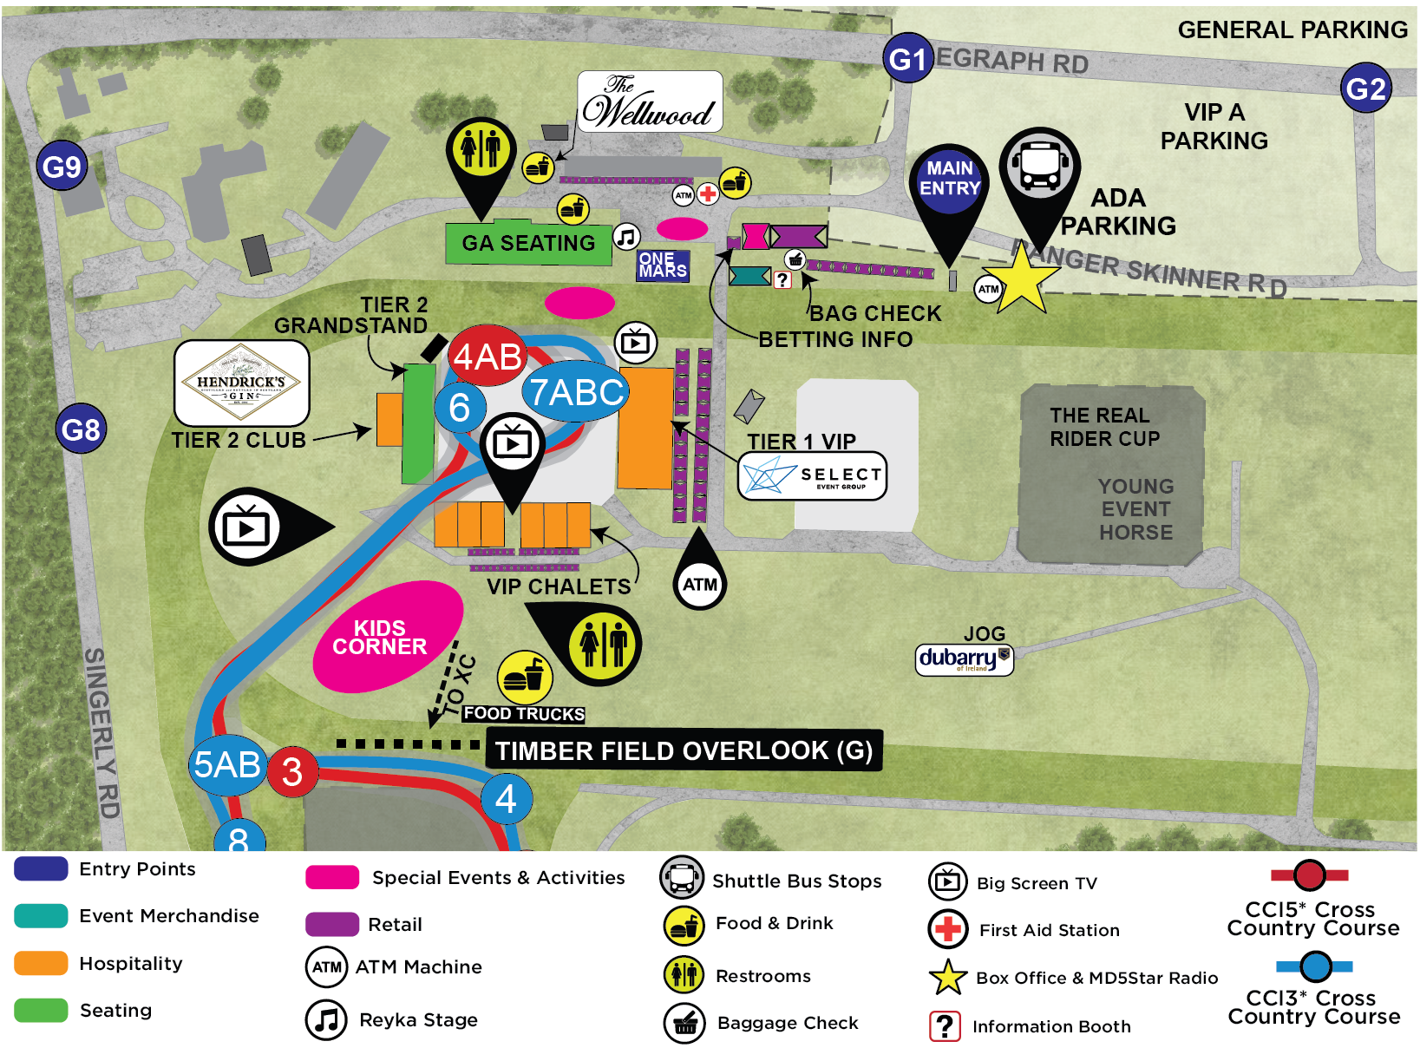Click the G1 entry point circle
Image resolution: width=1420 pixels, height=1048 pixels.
click(x=907, y=59)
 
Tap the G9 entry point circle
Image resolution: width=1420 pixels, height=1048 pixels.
click(x=62, y=166)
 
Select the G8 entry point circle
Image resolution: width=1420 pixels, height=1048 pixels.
click(x=81, y=429)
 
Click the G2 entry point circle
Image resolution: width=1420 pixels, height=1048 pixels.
click(x=1365, y=88)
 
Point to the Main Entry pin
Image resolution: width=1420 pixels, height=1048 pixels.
click(x=950, y=180)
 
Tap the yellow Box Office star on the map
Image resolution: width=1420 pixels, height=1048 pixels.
click(x=1023, y=278)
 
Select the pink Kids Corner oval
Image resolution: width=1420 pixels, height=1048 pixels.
click(x=387, y=637)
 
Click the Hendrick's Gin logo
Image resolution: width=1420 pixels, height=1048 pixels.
click(x=241, y=383)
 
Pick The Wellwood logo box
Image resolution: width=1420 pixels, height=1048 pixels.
click(x=650, y=102)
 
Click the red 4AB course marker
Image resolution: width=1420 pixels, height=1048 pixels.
click(x=488, y=357)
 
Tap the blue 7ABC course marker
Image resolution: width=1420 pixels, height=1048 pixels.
click(x=576, y=392)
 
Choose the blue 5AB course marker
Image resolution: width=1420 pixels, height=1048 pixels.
click(x=227, y=764)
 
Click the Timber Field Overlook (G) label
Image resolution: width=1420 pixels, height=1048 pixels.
click(x=684, y=750)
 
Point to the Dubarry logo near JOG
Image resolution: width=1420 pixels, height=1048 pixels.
click(x=964, y=659)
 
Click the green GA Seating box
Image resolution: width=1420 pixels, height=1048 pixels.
click(x=527, y=243)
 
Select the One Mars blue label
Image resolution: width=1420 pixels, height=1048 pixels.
click(x=663, y=265)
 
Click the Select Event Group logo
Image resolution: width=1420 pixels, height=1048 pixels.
click(x=812, y=475)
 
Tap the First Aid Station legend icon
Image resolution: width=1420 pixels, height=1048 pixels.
click(x=947, y=929)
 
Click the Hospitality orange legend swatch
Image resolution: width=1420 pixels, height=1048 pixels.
click(x=41, y=963)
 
